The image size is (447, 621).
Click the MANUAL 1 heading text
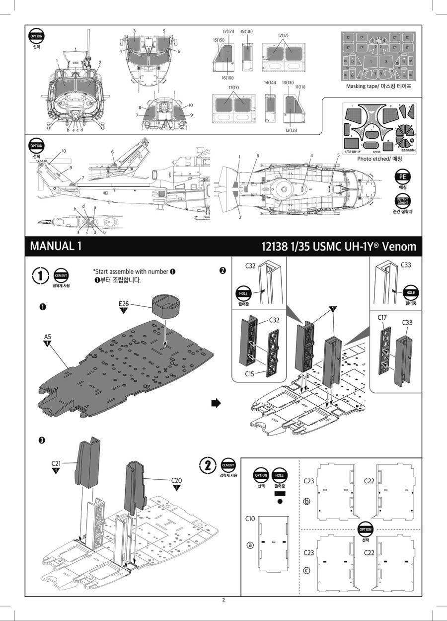55,246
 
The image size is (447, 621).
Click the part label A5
48,336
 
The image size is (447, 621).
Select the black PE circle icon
402,177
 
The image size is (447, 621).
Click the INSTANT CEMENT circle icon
402,201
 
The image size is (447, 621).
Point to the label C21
56,463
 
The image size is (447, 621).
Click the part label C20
177,480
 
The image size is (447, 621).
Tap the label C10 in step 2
250,519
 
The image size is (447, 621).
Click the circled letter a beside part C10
250,544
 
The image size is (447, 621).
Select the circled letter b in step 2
306,501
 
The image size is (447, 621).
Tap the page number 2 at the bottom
223,600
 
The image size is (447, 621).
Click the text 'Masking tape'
364,87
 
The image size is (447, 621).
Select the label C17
382,317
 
